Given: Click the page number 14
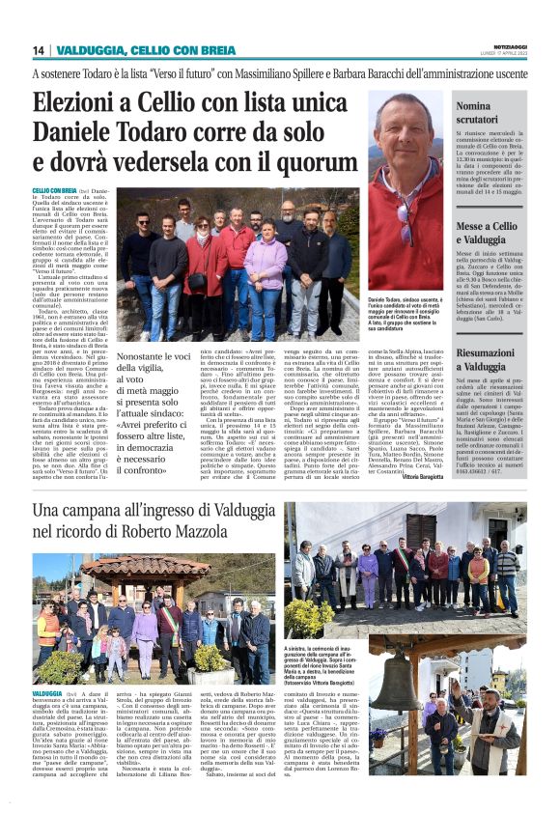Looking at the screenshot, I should pos(39,50).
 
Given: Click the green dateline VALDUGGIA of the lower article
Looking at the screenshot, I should pos(48,693).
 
